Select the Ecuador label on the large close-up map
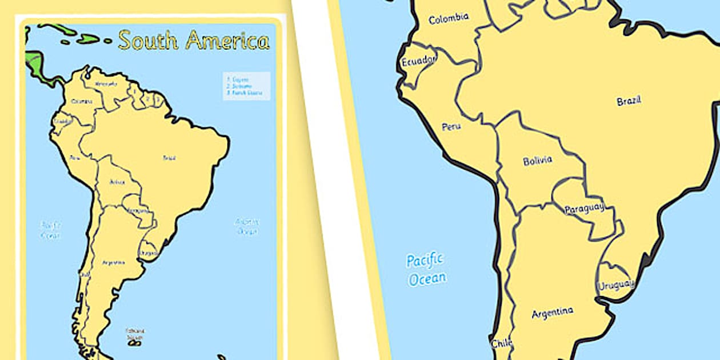click(x=418, y=61)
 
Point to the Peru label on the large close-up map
click(x=451, y=126)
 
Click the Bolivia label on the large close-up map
click(x=537, y=161)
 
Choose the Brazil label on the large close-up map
click(x=629, y=101)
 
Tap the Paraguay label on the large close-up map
click(x=584, y=209)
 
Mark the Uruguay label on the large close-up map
click(x=615, y=285)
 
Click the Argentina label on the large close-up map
click(x=552, y=313)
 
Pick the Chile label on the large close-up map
click(x=501, y=343)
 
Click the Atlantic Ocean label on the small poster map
click(x=247, y=226)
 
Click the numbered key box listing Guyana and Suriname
click(x=246, y=86)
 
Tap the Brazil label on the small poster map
click(x=169, y=158)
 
